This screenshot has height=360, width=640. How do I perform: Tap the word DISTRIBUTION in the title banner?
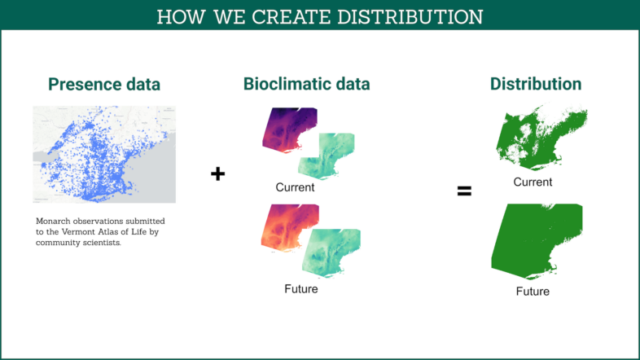[x=410, y=17]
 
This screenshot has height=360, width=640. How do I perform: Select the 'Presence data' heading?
[x=104, y=85]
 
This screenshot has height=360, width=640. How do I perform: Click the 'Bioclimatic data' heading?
[x=306, y=84]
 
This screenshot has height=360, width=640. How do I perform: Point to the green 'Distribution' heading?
[x=536, y=84]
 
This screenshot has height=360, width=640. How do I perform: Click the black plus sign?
[x=218, y=173]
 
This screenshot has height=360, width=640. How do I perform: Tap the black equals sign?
[x=464, y=191]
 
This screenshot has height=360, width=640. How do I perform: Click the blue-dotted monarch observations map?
[x=104, y=154]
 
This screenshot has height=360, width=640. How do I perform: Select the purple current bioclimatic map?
[x=289, y=130]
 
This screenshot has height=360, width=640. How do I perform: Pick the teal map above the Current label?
[x=327, y=156]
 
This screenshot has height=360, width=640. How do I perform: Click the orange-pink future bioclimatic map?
[x=289, y=227]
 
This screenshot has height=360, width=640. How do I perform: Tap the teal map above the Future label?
[x=331, y=253]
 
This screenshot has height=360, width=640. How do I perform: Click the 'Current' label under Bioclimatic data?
[x=295, y=187]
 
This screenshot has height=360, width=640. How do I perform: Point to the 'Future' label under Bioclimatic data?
[x=300, y=289]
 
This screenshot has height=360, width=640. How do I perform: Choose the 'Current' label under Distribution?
[x=533, y=182]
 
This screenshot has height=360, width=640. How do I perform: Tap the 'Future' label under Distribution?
[x=533, y=292]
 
